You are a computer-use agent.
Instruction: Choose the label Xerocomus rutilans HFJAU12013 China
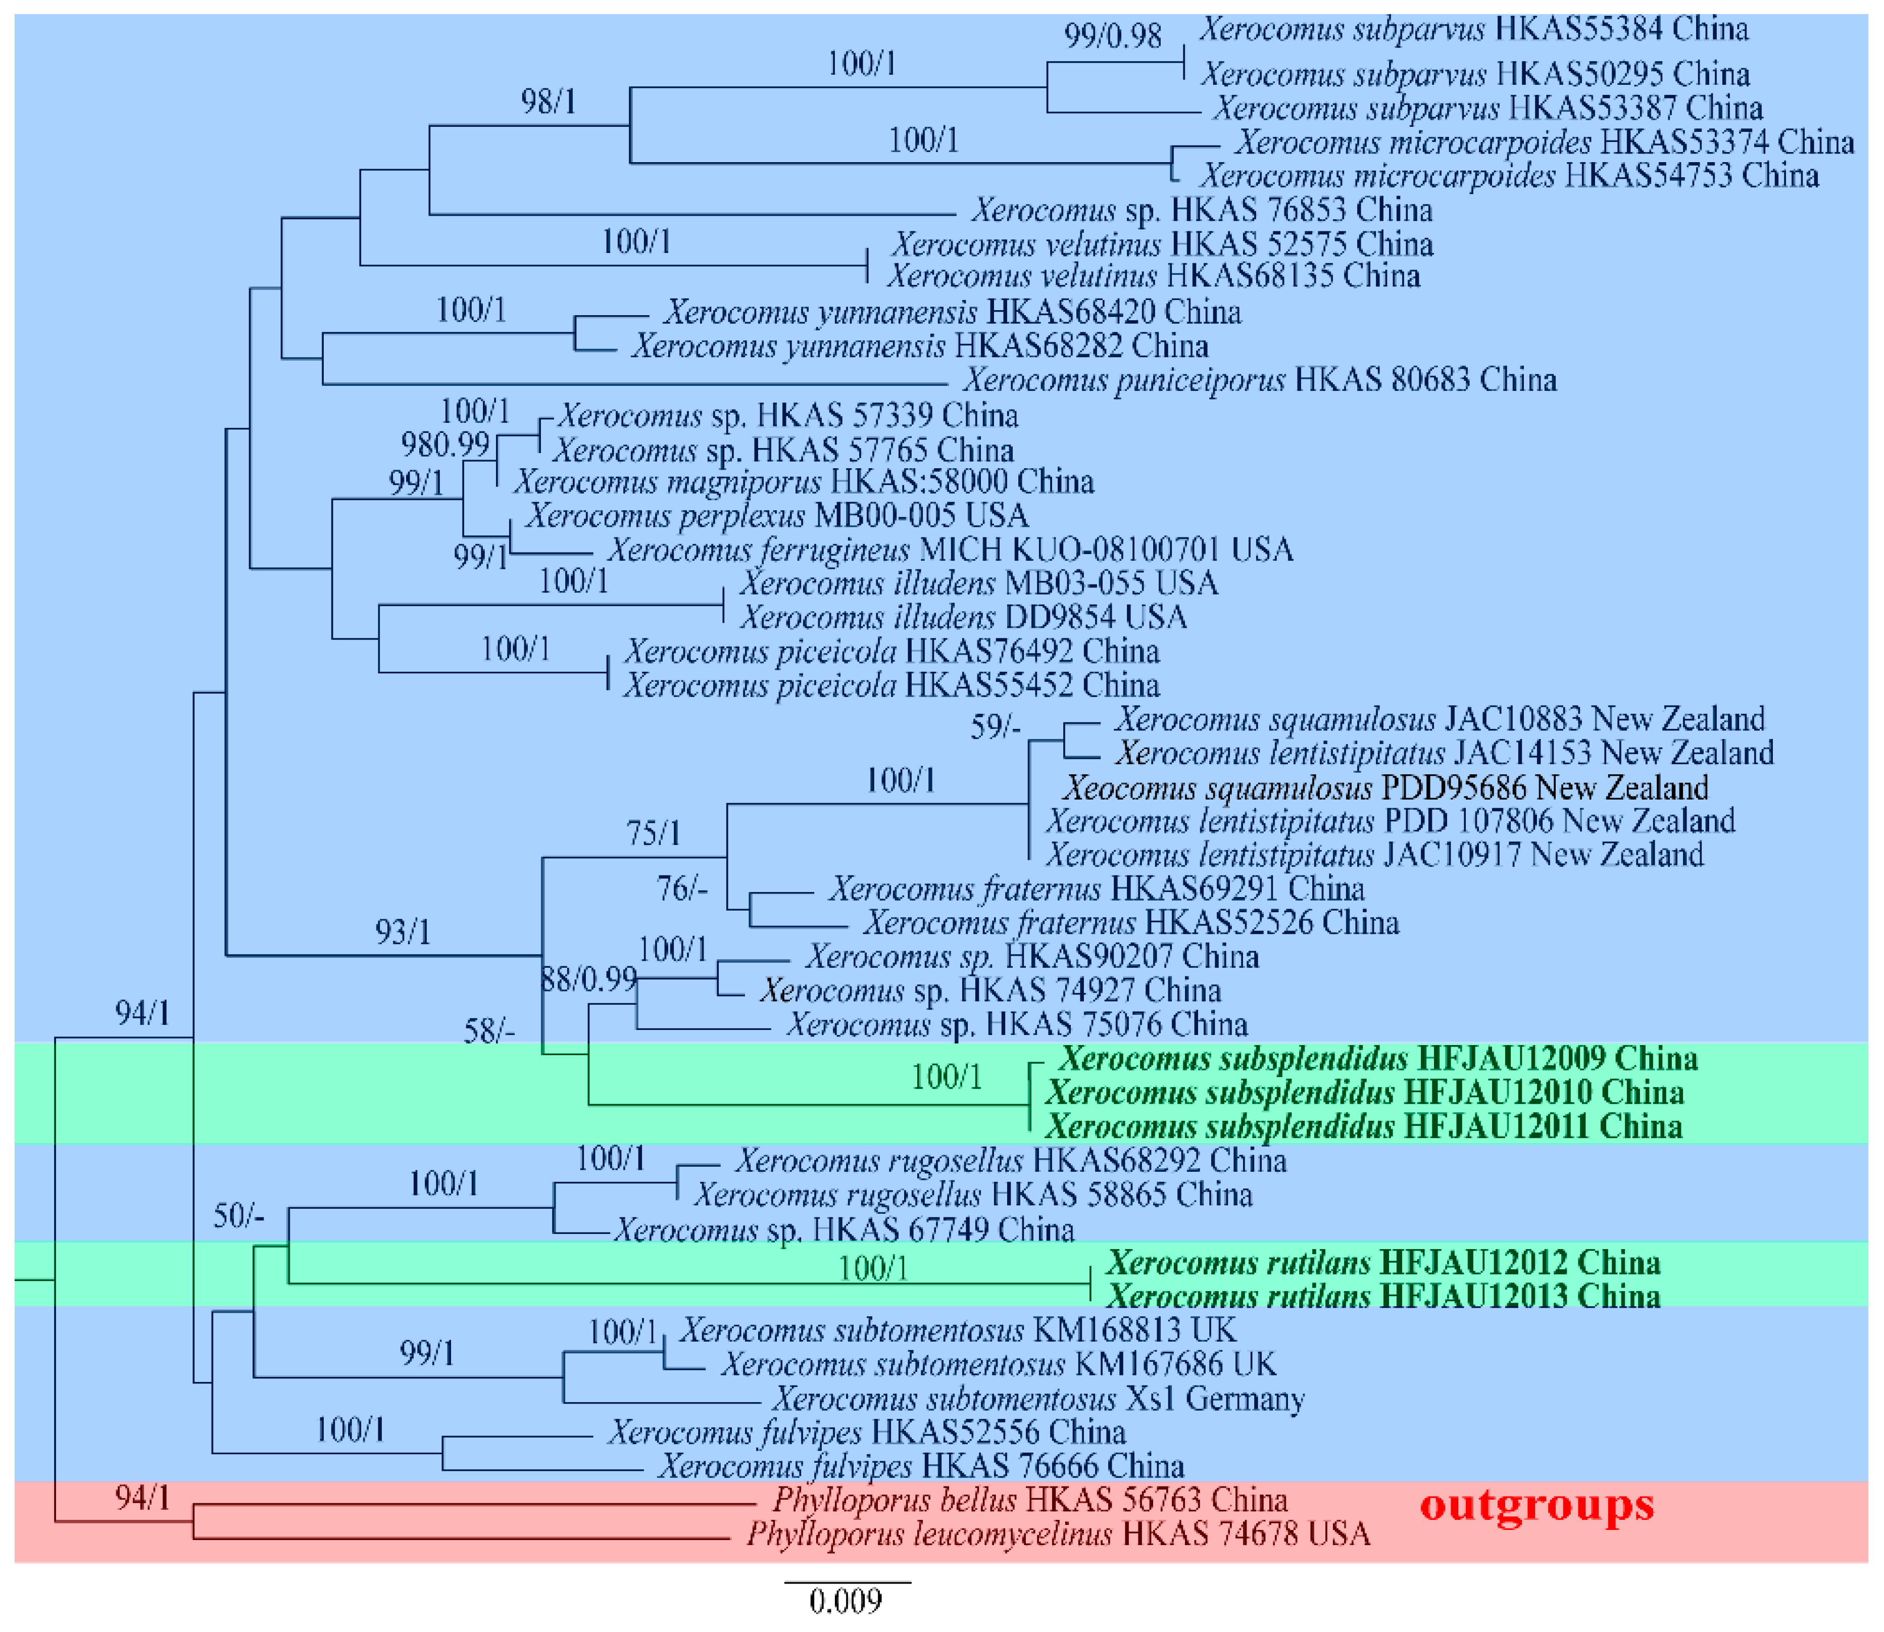point(1383,1296)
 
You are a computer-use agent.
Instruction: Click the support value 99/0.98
point(1113,36)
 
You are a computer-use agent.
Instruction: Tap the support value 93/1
point(403,931)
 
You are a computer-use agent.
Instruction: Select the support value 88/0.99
point(589,979)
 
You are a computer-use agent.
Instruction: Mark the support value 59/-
point(995,727)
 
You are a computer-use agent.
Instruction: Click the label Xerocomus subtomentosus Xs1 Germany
point(1038,1398)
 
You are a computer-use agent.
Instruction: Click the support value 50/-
point(238,1215)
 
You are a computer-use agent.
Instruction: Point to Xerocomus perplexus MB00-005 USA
point(777,516)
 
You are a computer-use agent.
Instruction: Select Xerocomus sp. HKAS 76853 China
point(1202,210)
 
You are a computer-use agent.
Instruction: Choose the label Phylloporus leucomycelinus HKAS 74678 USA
point(1058,1535)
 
